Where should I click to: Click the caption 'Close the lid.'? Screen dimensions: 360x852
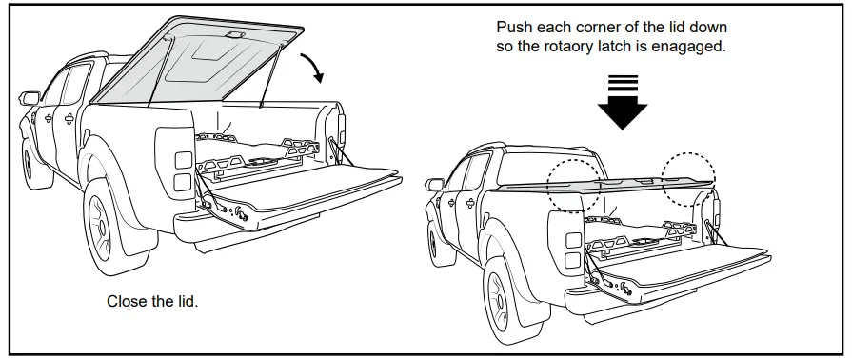(151, 301)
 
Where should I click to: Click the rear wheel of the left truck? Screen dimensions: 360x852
(110, 224)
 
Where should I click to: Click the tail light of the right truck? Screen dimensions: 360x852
(572, 249)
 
